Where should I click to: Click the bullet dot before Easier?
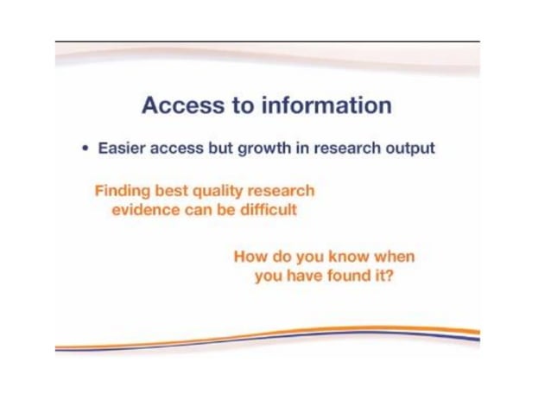(x=85, y=149)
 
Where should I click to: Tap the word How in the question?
(x=250, y=257)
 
